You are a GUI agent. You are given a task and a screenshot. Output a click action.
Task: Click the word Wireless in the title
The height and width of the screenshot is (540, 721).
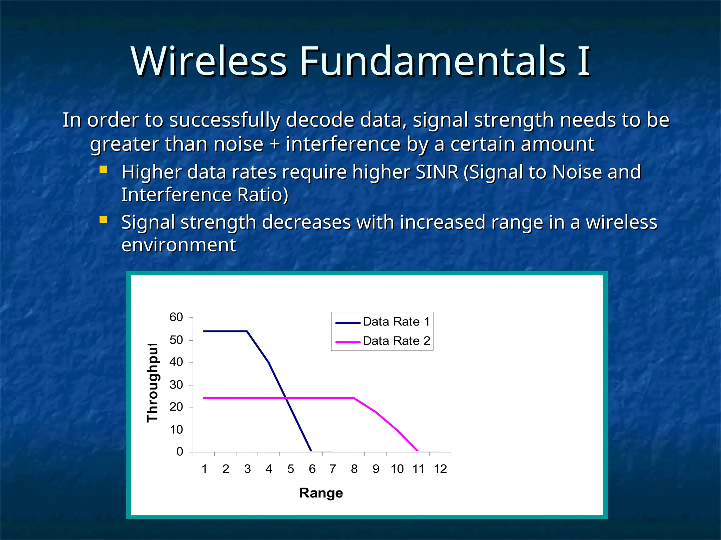[x=209, y=62]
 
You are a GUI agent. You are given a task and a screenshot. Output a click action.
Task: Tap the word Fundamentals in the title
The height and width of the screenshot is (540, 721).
[x=433, y=62]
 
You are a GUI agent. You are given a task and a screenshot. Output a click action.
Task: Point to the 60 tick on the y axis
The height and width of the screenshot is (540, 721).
[x=176, y=317]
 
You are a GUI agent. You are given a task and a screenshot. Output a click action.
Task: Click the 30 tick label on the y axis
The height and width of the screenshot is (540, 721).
[x=176, y=385]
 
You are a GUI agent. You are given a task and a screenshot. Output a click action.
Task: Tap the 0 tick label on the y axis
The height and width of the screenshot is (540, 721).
[x=180, y=452]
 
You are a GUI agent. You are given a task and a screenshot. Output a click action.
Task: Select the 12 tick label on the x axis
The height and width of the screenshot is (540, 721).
[x=440, y=469]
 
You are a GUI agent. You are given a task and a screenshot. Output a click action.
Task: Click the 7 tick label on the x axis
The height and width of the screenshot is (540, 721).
[x=333, y=469]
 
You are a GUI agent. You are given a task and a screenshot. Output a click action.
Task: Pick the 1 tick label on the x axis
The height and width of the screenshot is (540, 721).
[x=204, y=469]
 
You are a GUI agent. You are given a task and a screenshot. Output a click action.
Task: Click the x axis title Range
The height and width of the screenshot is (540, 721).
[x=321, y=493]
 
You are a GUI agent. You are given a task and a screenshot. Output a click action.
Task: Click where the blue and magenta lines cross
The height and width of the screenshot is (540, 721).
[x=287, y=398]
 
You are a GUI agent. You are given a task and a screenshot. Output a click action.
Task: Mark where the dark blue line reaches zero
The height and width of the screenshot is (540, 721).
[x=311, y=451]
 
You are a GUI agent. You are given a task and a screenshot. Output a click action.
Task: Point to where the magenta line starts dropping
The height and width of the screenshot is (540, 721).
[x=354, y=398]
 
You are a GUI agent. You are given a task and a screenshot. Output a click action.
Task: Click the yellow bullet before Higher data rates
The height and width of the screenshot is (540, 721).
[x=103, y=170]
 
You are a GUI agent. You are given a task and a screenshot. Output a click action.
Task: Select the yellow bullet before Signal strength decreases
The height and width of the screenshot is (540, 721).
[x=103, y=220]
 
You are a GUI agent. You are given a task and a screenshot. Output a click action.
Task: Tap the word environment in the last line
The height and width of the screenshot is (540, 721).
[x=178, y=245]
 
